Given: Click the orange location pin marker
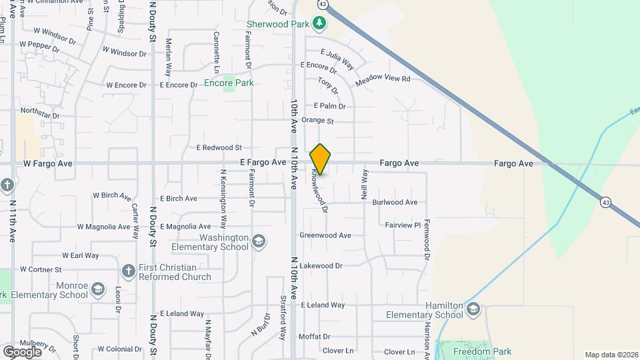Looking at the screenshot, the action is coord(321,159).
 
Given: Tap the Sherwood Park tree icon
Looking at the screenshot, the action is coord(321,24).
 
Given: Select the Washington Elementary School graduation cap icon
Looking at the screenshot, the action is coord(258,240).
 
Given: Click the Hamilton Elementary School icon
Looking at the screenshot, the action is coord(473,309).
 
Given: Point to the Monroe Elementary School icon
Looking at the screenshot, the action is coord(98,289).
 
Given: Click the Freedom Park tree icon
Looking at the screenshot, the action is coord(443,351).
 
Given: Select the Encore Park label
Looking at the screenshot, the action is coord(229,83).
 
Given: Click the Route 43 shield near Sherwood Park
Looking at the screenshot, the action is coord(323,4).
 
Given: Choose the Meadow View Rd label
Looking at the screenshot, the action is coord(383,79).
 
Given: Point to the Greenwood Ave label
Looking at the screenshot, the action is coord(325,235).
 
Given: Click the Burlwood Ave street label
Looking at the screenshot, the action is coord(395,202).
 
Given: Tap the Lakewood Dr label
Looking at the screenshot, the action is coord(321,265).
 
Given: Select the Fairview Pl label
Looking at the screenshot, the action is coord(403,225).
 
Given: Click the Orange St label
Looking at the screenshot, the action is coord(317,121).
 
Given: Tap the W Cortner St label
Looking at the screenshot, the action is coord(41,269).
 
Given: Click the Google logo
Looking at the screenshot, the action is coord(22,351).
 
